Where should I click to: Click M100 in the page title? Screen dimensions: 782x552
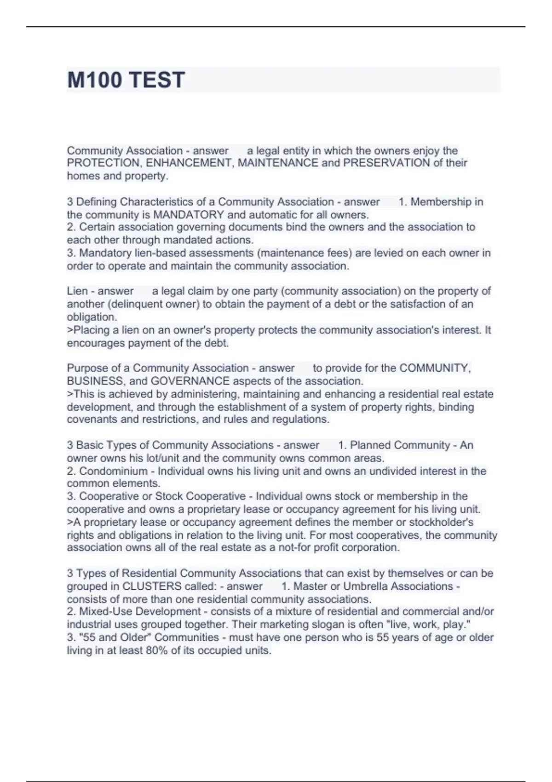(94, 80)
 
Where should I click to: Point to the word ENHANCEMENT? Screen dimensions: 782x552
(190, 163)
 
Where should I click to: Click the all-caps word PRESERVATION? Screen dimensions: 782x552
(386, 163)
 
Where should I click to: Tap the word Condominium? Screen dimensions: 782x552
(113, 471)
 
